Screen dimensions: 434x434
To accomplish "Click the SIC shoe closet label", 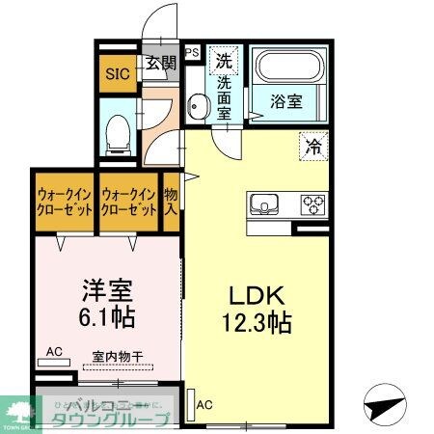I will pos(117,73).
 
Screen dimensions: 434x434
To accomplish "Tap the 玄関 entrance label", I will pos(161,65).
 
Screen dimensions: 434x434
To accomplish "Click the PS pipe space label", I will pos(192,53).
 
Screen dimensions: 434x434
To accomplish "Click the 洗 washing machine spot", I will pos(225,59).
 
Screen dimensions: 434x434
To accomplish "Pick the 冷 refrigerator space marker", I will pos(313,145).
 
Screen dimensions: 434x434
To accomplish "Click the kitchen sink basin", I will pos(265,205).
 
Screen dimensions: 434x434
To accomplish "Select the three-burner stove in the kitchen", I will pos(313,205).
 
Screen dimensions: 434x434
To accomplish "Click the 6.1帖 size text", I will pos(100,316).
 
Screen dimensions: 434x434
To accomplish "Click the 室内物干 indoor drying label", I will pos(118,357).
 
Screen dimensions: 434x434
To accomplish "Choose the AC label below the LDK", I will pos(205,405).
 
